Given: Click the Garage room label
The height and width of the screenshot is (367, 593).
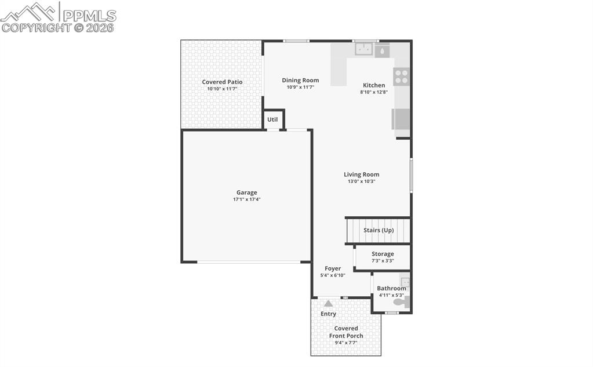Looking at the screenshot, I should pyautogui.click(x=246, y=192).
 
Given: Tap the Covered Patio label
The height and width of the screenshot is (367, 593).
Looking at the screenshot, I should pyautogui.click(x=222, y=82).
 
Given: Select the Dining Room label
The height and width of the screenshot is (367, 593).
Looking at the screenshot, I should pyautogui.click(x=300, y=81).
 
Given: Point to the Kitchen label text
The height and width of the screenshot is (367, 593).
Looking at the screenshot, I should pyautogui.click(x=374, y=85).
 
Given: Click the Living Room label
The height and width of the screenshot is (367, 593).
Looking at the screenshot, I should pyautogui.click(x=361, y=175).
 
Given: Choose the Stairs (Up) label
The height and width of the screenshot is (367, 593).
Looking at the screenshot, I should pyautogui.click(x=379, y=230).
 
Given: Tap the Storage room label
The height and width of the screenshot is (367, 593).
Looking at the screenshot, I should pyautogui.click(x=383, y=254).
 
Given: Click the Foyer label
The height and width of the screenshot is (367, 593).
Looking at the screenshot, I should pyautogui.click(x=333, y=268).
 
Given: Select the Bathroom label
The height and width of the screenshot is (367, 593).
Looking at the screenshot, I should pyautogui.click(x=391, y=288).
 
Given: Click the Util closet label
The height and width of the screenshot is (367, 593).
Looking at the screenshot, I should pyautogui.click(x=272, y=120).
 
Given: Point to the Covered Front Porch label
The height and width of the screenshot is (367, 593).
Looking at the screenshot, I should pyautogui.click(x=346, y=332).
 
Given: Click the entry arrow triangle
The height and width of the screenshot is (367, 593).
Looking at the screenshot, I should pyautogui.click(x=328, y=303).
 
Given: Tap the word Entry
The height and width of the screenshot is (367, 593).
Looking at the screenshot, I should pyautogui.click(x=328, y=314).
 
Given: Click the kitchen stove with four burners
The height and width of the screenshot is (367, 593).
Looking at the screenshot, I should pyautogui.click(x=401, y=77).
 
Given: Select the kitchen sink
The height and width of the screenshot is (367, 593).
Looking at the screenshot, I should pyautogui.click(x=364, y=50).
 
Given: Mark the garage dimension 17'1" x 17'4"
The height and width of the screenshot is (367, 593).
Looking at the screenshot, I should pyautogui.click(x=246, y=199).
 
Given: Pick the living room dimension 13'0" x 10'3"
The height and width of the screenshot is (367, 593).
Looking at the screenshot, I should pyautogui.click(x=361, y=181).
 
